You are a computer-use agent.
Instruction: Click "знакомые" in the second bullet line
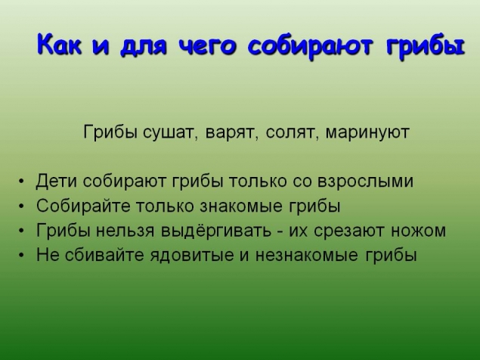[x=219, y=206]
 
